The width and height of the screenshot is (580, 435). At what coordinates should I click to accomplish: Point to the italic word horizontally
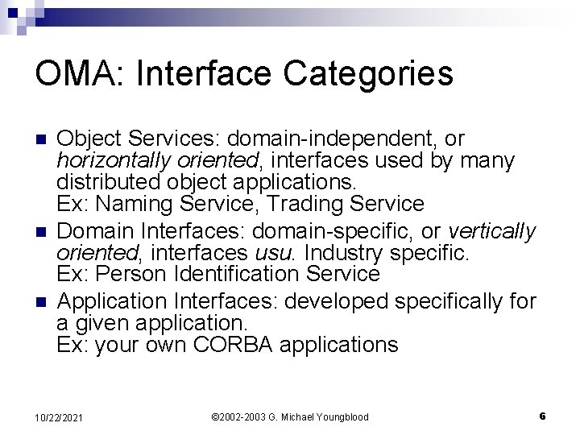(x=107, y=161)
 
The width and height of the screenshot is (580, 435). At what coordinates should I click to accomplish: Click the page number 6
(x=542, y=416)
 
